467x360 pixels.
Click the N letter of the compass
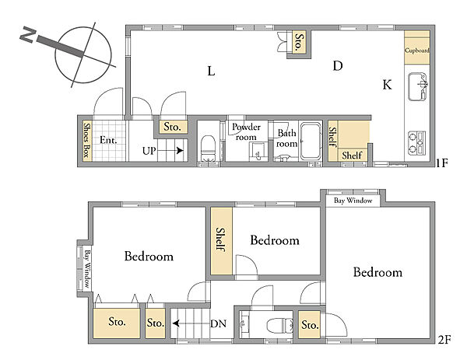28,34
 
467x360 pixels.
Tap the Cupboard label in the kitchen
416,51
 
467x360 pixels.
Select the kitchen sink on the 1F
418,86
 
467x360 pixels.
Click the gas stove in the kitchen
416,142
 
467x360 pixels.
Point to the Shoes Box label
86,140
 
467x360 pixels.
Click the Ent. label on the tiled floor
108,140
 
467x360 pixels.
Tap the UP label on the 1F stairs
149,151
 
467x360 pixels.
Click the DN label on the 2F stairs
218,323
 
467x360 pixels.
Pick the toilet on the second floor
279,325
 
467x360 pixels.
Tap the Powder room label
246,132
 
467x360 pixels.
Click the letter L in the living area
211,71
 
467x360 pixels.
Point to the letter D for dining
338,66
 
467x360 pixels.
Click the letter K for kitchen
387,85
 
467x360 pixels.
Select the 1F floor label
441,163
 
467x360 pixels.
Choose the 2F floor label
444,340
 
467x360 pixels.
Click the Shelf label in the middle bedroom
221,239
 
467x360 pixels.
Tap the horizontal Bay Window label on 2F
353,201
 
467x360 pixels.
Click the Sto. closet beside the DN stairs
156,323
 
